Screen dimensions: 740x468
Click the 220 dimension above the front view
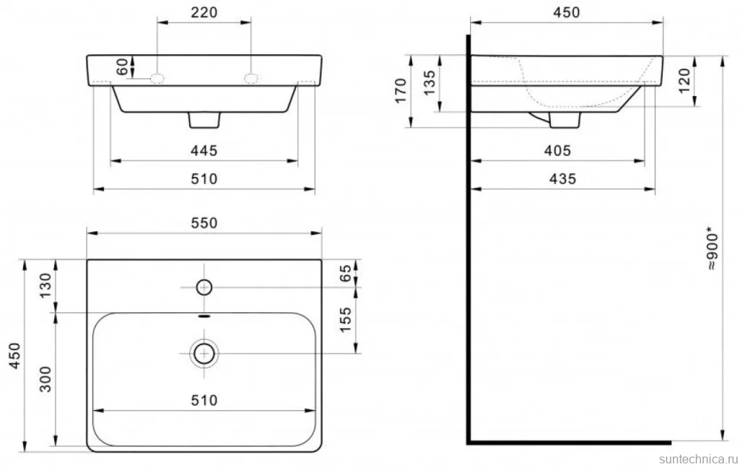pyautogui.click(x=204, y=12)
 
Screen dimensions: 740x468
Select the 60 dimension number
pyautogui.click(x=122, y=66)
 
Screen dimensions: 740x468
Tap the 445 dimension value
pyautogui.click(x=204, y=150)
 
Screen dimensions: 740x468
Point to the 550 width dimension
pyautogui.click(x=204, y=223)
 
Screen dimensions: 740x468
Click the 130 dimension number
pyautogui.click(x=45, y=286)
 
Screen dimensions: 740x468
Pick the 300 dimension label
pyautogui.click(x=45, y=379)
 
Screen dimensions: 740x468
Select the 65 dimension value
pyautogui.click(x=346, y=273)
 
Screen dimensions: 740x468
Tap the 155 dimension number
pyautogui.click(x=346, y=320)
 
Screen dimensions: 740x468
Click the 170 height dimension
pyautogui.click(x=401, y=91)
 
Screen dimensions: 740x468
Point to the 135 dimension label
pyautogui.click(x=430, y=82)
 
